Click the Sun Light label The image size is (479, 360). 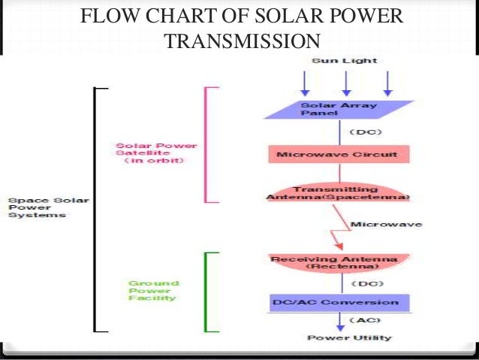[x=345, y=60]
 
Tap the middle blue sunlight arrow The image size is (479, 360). [x=345, y=82]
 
